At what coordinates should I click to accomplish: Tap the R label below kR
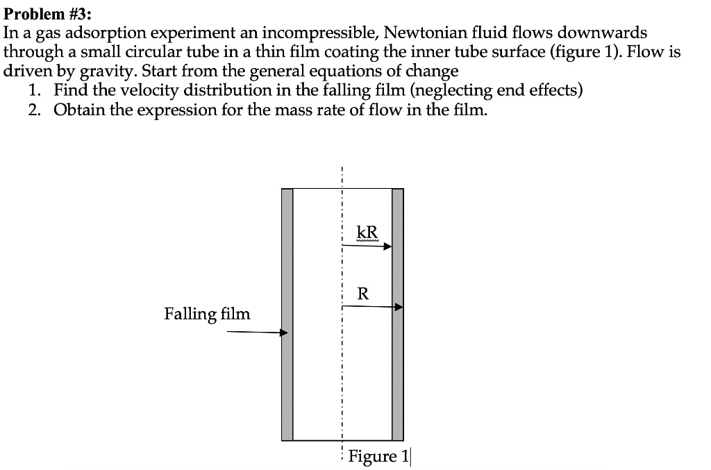click(363, 294)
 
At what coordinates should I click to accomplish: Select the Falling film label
click(207, 314)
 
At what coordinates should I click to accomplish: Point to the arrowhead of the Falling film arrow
click(283, 333)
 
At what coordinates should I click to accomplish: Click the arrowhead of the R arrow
click(399, 306)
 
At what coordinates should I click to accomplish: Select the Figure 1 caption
click(379, 456)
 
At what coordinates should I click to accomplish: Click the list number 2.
click(34, 110)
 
